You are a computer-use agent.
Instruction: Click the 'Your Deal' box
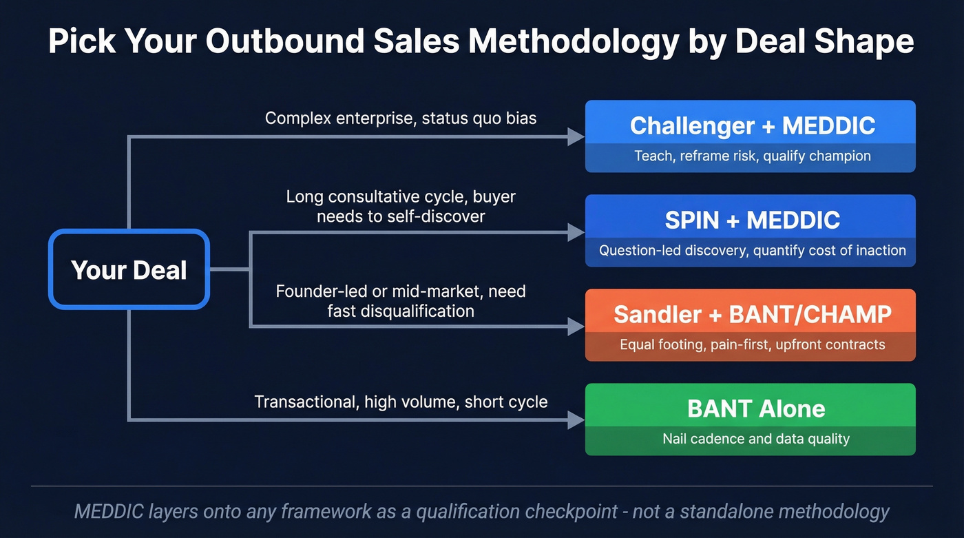pos(129,269)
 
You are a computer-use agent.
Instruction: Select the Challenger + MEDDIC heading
pos(752,125)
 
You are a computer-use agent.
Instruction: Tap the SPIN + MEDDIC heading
pos(752,220)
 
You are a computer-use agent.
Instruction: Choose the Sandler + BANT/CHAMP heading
pos(752,314)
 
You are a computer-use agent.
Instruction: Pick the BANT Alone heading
pos(755,408)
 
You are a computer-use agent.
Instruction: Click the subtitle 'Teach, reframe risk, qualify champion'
pos(752,156)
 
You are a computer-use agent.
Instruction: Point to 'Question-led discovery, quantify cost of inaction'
pos(752,250)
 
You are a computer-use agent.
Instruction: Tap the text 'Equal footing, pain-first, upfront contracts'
pos(752,344)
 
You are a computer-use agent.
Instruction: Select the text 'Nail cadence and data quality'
pos(755,439)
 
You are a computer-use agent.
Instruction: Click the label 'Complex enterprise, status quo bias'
pos(400,118)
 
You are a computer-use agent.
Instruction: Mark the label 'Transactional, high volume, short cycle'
pos(401,402)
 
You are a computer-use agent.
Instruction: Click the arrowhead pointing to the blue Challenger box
pos(576,136)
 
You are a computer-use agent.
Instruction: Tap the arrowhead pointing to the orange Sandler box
pos(576,326)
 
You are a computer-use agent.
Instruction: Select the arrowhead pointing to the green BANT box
pos(576,420)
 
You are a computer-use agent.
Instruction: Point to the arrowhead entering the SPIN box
pos(576,233)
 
